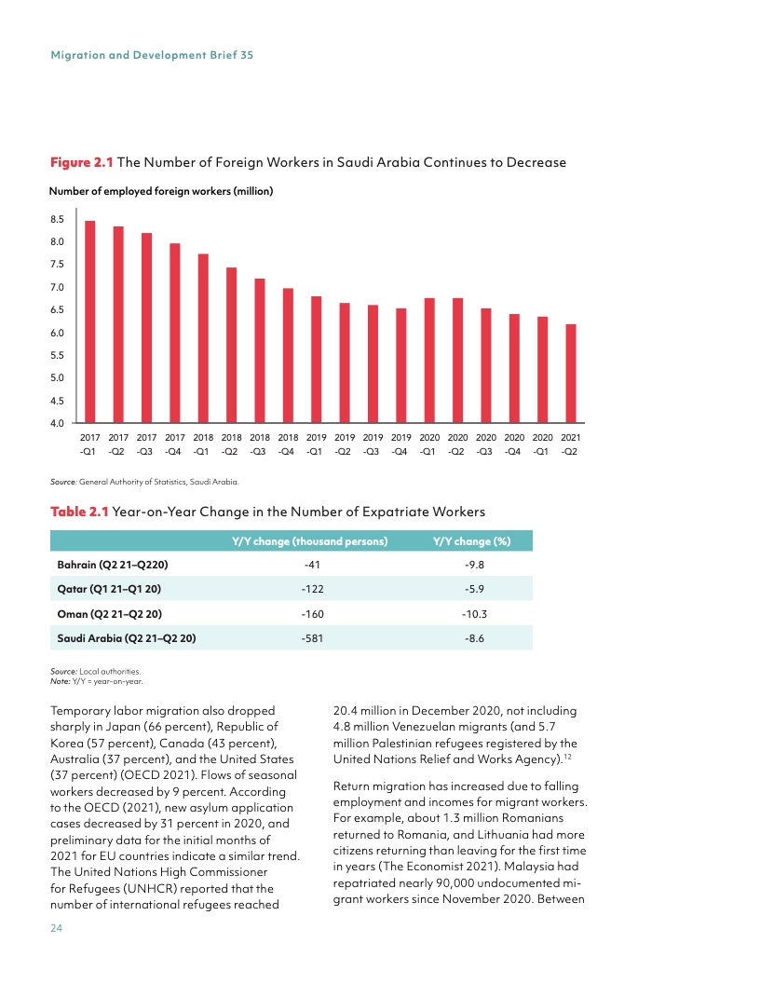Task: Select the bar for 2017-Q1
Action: click(90, 321)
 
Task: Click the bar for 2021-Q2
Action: click(571, 374)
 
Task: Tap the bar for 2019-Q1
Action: click(317, 360)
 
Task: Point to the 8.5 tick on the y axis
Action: click(57, 219)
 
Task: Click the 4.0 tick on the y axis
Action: click(57, 423)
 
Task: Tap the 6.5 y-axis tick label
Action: click(57, 309)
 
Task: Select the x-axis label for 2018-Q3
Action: click(260, 444)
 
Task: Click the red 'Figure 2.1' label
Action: click(81, 162)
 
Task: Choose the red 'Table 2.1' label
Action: click(79, 511)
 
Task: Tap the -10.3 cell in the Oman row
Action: click(475, 613)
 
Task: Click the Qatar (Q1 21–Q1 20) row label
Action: click(111, 589)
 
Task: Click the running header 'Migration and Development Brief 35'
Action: click(152, 55)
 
